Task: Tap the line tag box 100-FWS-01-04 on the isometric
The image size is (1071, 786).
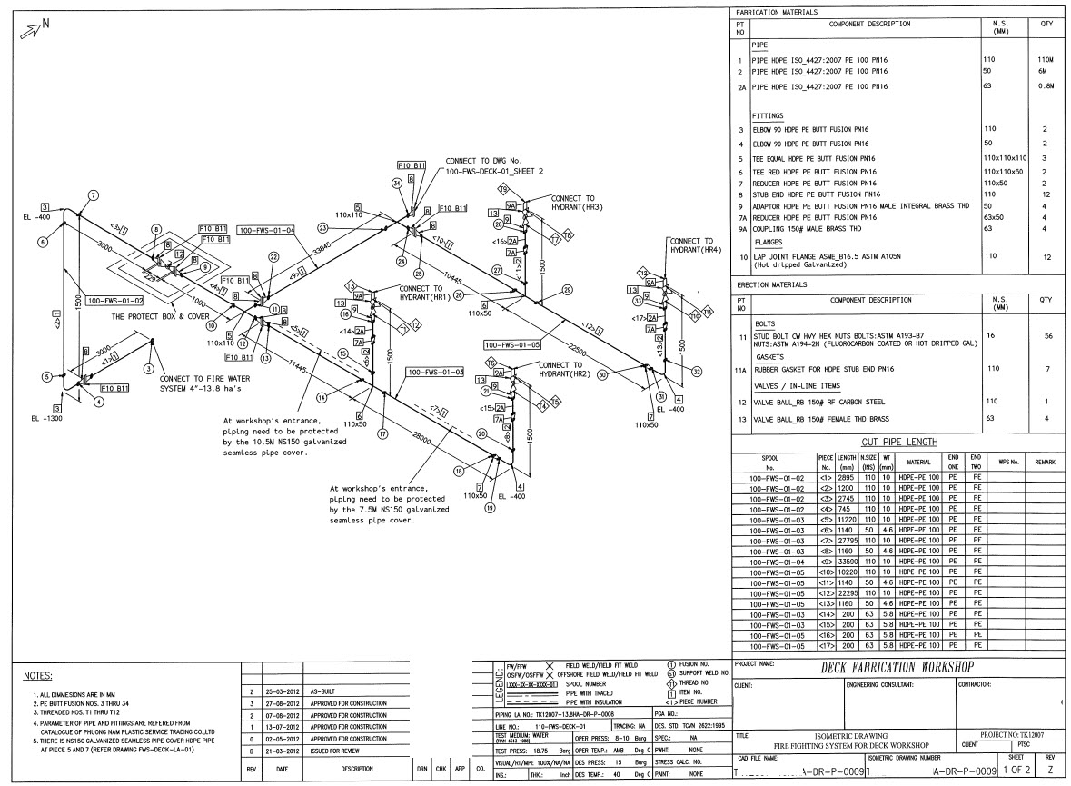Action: coord(266,231)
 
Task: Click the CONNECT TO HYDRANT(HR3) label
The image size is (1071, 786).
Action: coord(573,203)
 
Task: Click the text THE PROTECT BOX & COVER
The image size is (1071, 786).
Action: coord(159,317)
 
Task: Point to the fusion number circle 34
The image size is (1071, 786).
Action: coord(397,183)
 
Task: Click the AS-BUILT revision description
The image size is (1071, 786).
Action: coord(326,691)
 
